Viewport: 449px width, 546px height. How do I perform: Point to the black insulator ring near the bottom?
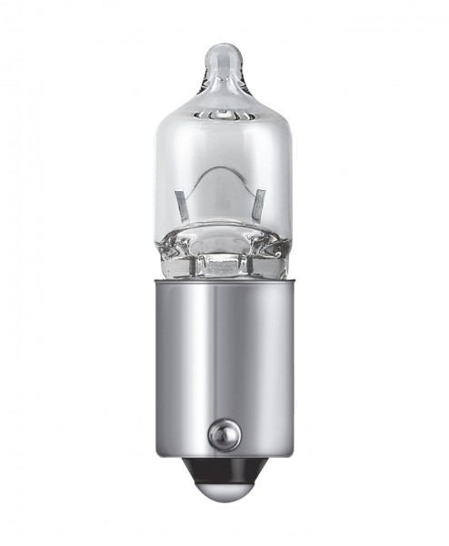pos(224,470)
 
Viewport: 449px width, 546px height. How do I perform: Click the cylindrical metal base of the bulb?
pos(224,364)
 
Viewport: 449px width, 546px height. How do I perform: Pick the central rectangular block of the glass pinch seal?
pos(223,263)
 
